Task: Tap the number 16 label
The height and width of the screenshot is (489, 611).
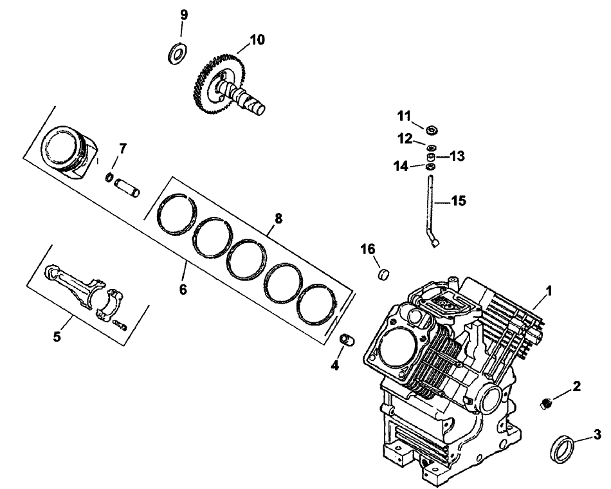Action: pos(367,250)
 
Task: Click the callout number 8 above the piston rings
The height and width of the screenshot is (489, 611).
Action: pos(278,218)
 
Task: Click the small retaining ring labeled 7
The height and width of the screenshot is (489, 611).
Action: pos(110,177)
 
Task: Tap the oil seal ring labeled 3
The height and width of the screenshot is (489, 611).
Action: pos(563,447)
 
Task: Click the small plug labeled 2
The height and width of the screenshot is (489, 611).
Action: pos(547,403)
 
